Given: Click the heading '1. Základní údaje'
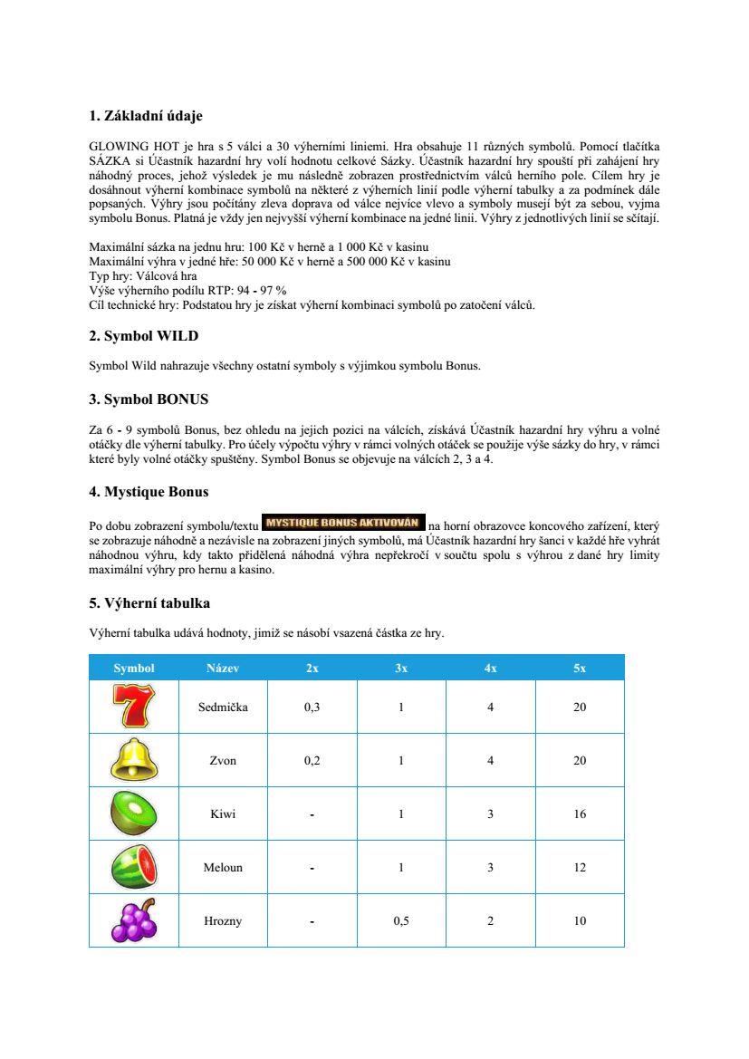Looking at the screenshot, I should (146, 116).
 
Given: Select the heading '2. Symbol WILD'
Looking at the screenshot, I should (143, 336).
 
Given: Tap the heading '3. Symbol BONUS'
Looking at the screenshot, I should (149, 399).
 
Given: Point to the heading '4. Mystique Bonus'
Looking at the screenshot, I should (149, 492).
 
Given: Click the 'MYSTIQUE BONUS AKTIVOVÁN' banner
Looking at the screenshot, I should (342, 523).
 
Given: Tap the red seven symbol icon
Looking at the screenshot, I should (134, 707).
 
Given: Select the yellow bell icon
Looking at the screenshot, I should (134, 760).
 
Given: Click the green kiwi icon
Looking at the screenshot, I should (134, 814).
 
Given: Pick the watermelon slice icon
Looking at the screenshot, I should (134, 867).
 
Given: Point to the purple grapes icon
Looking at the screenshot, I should (134, 920).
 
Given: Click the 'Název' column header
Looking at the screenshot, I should (223, 668).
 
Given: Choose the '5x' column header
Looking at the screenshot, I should (580, 668).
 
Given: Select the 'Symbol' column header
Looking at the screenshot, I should (134, 668).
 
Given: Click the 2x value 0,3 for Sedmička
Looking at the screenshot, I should (312, 707).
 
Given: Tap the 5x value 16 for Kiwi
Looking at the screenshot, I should (580, 814).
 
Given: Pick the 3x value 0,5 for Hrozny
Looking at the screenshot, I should (401, 920).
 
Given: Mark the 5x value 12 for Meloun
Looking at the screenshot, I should (580, 867).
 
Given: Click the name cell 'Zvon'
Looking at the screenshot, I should (223, 760).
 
